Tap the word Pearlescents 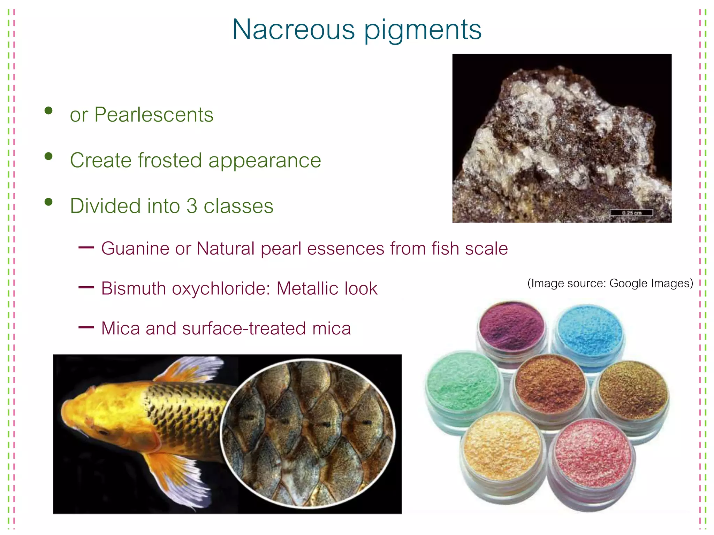tap(154, 115)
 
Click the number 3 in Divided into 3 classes tap(192, 206)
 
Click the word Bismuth tap(133, 289)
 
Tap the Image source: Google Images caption tap(610, 283)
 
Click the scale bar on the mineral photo tap(631, 212)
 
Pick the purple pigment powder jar tap(511, 327)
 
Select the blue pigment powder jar tap(589, 331)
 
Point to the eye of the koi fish tap(103, 432)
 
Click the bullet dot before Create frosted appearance tap(48, 156)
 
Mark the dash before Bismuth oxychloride tap(86, 288)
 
